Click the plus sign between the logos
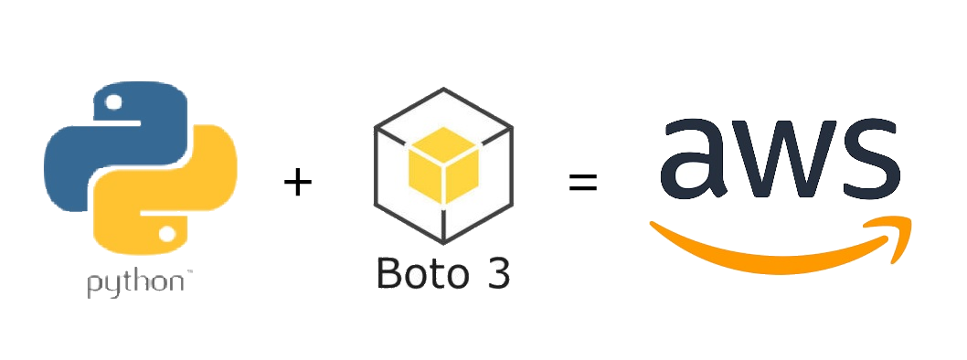pos(297,183)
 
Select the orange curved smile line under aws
pos(768,245)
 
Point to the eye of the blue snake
pos(113,103)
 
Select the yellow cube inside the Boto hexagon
pos(442,170)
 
